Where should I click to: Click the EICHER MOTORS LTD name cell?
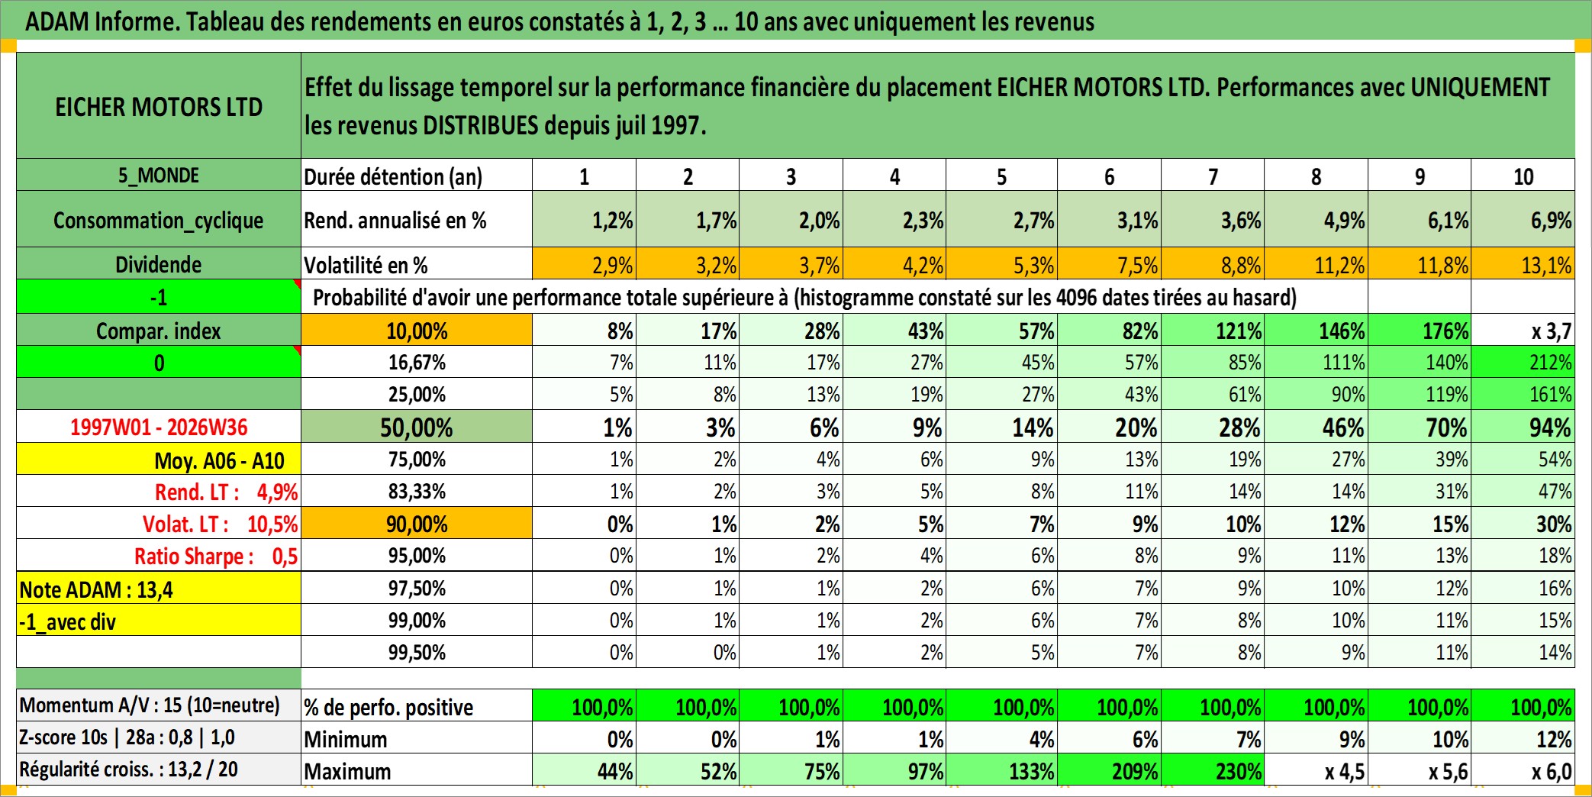pos(159,106)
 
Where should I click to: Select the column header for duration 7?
pos(1213,176)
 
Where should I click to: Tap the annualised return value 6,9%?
pos(1523,220)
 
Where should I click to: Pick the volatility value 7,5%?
pos(1109,264)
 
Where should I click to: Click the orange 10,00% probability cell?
pos(417,331)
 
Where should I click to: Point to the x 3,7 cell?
pos(1523,331)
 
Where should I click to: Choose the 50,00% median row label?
pos(417,427)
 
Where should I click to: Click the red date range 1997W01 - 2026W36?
pos(159,427)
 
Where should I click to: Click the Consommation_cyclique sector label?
pos(159,220)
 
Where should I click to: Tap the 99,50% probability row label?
pos(417,652)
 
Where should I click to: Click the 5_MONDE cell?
pos(159,176)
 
